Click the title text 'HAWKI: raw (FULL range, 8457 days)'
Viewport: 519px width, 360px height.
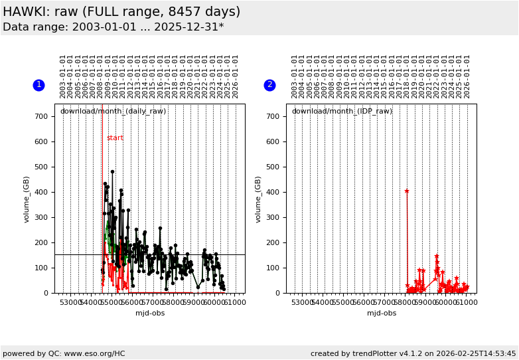pyautogui.click(x=121, y=12)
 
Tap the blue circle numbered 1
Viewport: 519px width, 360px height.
pyautogui.click(x=38, y=85)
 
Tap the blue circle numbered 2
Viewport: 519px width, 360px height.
pyautogui.click(x=269, y=85)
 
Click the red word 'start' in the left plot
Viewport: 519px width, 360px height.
pyautogui.click(x=115, y=138)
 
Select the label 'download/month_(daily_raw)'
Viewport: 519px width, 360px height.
pyautogui.click(x=113, y=111)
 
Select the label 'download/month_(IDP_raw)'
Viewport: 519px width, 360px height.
pyautogui.click(x=342, y=111)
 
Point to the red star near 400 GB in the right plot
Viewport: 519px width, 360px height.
pyautogui.click(x=407, y=191)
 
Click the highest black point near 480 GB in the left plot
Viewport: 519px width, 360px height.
pyautogui.click(x=112, y=171)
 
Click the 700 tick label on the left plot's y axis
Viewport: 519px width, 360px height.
pyautogui.click(x=42, y=116)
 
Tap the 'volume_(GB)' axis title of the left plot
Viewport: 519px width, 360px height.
pyautogui.click(x=27, y=199)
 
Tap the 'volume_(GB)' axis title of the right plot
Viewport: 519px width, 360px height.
pyautogui.click(x=259, y=199)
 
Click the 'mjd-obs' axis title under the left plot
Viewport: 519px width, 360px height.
pyautogui.click(x=149, y=313)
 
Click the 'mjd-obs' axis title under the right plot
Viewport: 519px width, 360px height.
pyautogui.click(x=382, y=313)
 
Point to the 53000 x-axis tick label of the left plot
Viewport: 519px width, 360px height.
pyautogui.click(x=70, y=303)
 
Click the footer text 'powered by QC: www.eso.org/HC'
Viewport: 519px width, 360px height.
pyautogui.click(x=64, y=353)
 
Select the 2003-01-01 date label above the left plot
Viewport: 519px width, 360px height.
pyautogui.click(x=63, y=76)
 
